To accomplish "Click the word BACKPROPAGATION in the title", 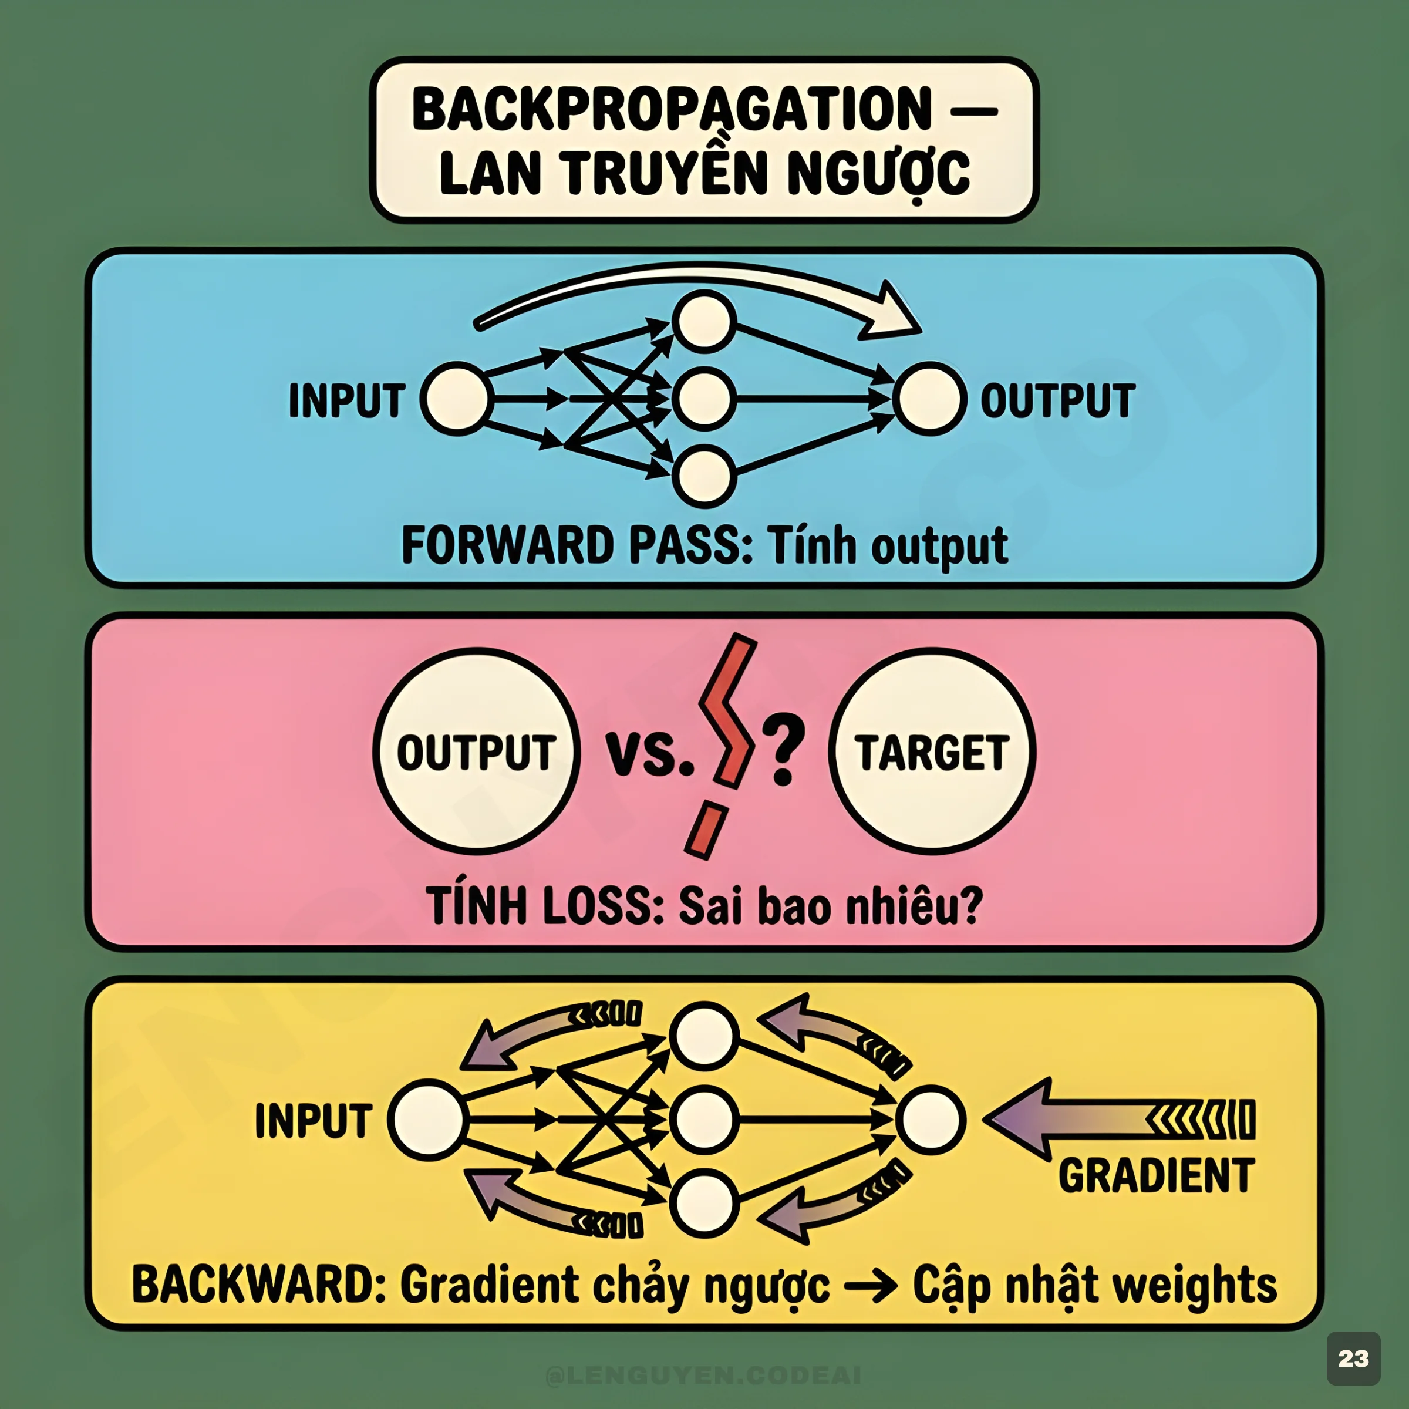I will [x=671, y=109].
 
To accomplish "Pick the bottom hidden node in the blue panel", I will [x=704, y=476].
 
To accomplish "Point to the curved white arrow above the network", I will [x=693, y=288].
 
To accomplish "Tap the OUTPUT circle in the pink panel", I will [x=476, y=751].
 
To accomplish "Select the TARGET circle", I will [x=932, y=751].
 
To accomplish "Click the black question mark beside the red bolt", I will [x=783, y=751].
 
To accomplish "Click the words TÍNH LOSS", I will [x=543, y=906].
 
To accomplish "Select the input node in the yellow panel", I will [x=427, y=1119].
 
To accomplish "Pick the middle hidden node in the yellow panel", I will [x=704, y=1119].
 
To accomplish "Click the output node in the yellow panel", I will [x=931, y=1119].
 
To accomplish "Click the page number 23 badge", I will [x=1354, y=1358].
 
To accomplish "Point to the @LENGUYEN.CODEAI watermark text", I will [x=704, y=1376].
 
